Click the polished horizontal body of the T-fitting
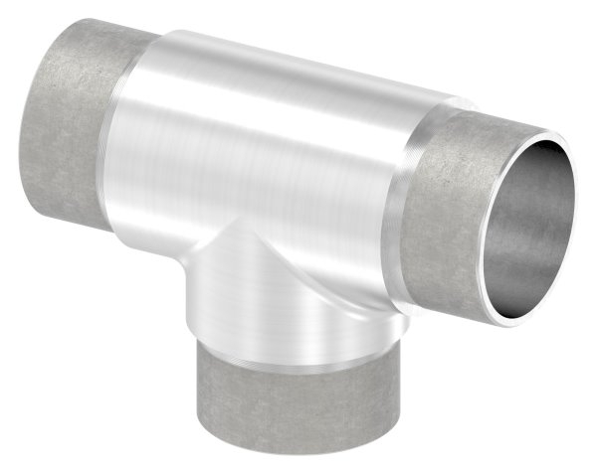click(x=269, y=149)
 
